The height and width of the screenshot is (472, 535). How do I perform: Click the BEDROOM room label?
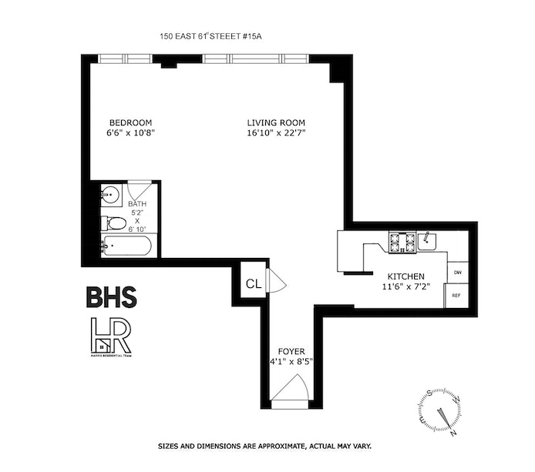[x=130, y=122]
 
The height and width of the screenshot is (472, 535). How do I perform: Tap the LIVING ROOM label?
[x=276, y=122]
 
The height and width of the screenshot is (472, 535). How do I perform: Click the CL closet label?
[x=253, y=283]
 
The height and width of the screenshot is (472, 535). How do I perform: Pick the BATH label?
[x=136, y=203]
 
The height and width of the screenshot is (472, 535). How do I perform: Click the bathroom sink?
[x=110, y=195]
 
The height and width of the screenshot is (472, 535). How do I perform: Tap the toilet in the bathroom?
[x=113, y=224]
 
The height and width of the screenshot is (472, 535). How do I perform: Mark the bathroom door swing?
[x=139, y=189]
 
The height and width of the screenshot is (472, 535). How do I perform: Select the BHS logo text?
[x=111, y=297]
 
